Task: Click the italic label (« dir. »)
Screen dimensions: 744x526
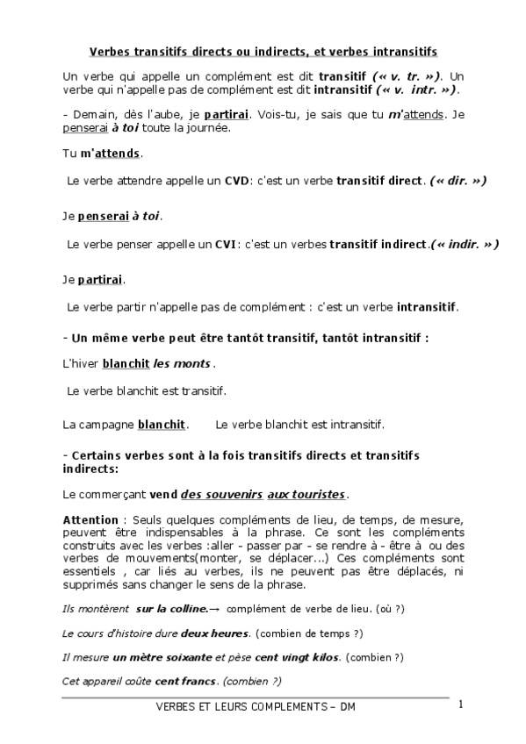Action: click(458, 181)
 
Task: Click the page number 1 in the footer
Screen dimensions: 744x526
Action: click(459, 704)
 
